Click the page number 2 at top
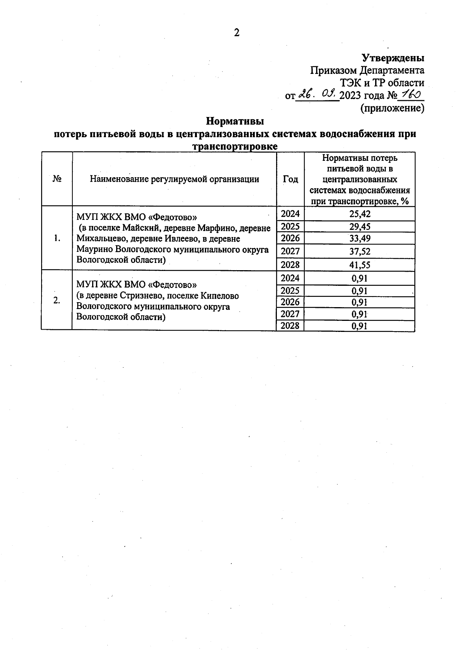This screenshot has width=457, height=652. click(236, 33)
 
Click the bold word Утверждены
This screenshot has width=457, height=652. click(393, 58)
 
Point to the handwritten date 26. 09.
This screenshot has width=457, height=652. click(317, 94)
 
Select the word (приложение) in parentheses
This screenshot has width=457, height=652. click(392, 108)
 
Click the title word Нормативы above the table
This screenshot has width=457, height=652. click(235, 122)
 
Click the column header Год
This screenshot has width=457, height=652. click(290, 179)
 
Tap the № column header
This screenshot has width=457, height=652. click(57, 179)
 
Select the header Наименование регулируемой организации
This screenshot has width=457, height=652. click(174, 179)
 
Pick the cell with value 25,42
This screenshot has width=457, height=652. click(360, 214)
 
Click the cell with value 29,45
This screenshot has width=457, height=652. click(360, 227)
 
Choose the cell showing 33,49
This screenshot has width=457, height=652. click(360, 239)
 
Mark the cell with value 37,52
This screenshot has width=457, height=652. click(360, 252)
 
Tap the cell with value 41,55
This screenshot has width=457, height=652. click(360, 265)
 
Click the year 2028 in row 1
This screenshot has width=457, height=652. click(290, 264)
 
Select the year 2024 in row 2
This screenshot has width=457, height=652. click(290, 278)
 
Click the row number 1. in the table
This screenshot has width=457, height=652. click(57, 239)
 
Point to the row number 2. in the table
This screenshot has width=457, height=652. click(57, 301)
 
